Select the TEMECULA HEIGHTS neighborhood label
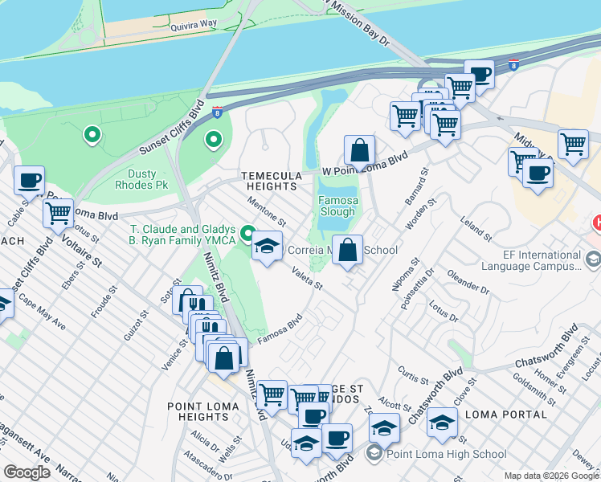coord(271,181)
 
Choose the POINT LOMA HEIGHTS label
coord(203,412)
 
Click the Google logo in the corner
coord(27,472)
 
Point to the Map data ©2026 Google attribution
coord(551,476)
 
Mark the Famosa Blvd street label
coord(279,328)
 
